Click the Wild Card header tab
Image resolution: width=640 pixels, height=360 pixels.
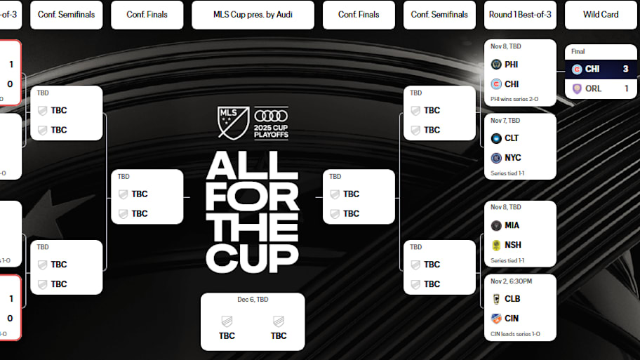pyautogui.click(x=601, y=14)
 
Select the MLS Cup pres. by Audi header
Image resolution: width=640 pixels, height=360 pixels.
pyautogui.click(x=253, y=14)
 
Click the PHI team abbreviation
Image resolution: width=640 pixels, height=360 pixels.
pyautogui.click(x=512, y=65)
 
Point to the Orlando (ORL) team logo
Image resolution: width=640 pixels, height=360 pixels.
pyautogui.click(x=577, y=88)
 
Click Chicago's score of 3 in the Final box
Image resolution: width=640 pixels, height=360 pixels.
pyautogui.click(x=625, y=69)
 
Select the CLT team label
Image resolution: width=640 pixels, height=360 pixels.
pyautogui.click(x=512, y=138)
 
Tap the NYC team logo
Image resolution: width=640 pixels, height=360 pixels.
pyautogui.click(x=496, y=158)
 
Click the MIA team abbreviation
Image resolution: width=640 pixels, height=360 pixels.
pyautogui.click(x=512, y=225)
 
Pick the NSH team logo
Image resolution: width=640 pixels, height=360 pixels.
pyautogui.click(x=496, y=245)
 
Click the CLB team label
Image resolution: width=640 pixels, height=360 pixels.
pyautogui.click(x=512, y=299)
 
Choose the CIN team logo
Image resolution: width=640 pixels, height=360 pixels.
pyautogui.click(x=496, y=318)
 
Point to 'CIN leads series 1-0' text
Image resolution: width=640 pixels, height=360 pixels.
pyautogui.click(x=516, y=334)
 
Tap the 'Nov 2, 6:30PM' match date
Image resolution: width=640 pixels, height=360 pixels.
pyautogui.click(x=512, y=281)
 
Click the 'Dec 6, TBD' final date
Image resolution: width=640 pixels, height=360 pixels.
pyautogui.click(x=253, y=300)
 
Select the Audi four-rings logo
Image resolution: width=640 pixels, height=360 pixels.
pyautogui.click(x=270, y=116)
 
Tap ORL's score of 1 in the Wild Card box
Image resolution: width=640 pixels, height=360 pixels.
pyautogui.click(x=626, y=88)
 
